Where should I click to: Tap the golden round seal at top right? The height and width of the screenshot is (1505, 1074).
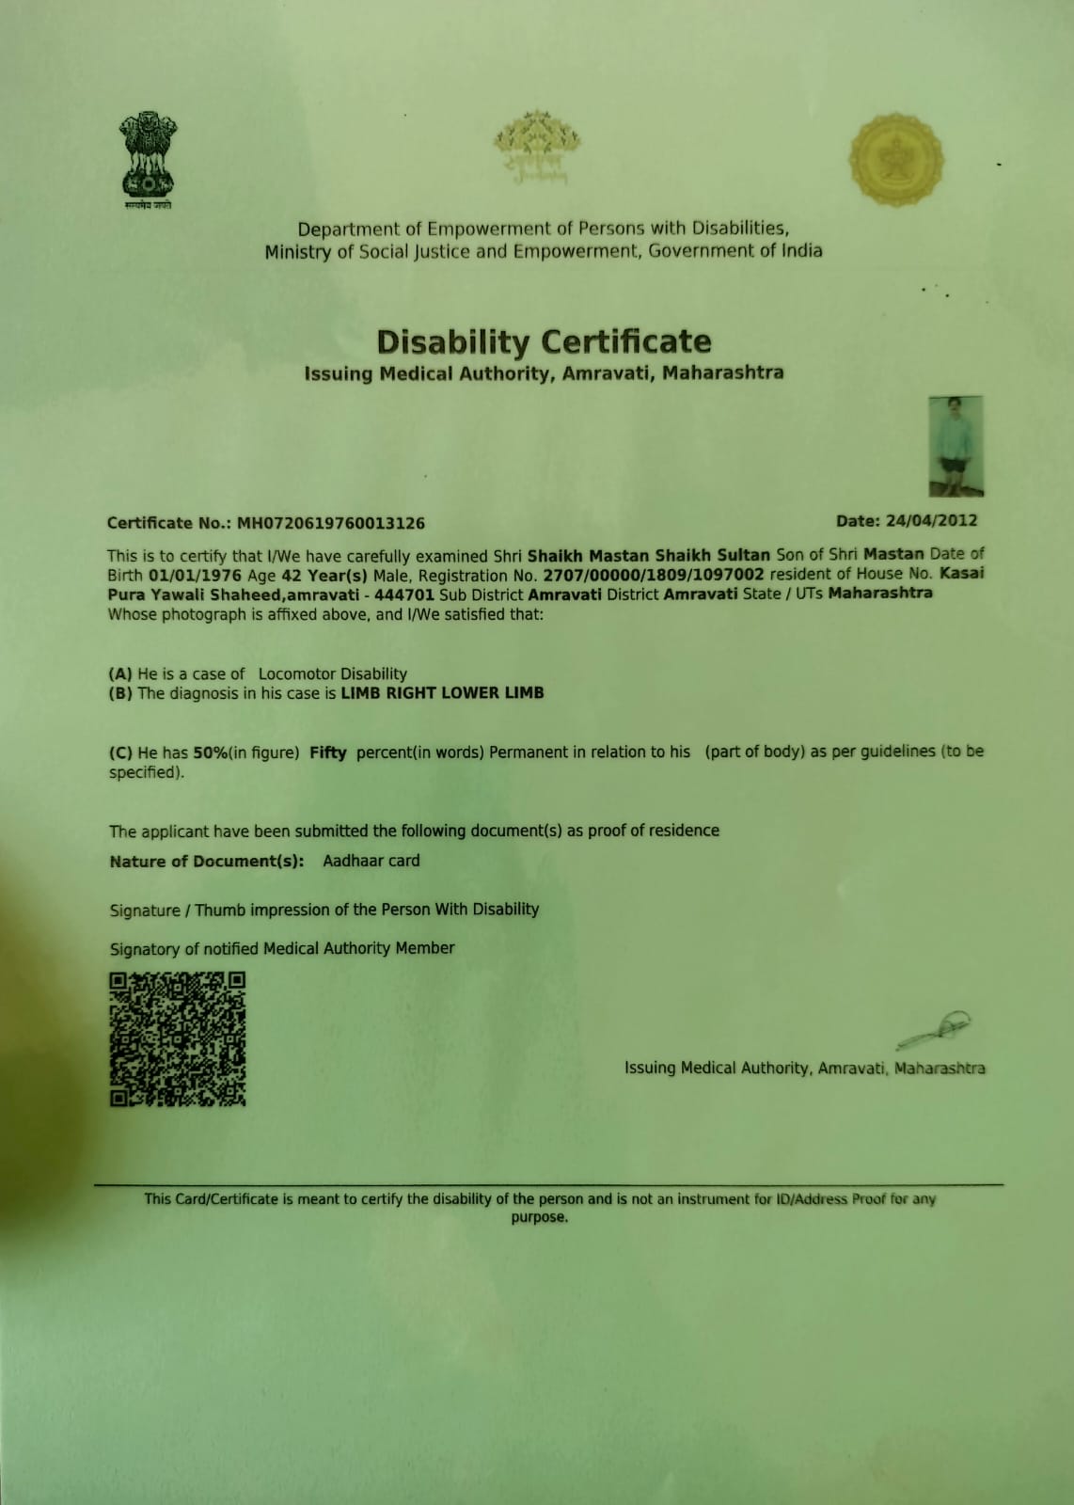895,160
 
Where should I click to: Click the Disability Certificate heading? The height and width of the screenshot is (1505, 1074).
544,341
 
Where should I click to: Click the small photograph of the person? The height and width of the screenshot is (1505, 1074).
956,446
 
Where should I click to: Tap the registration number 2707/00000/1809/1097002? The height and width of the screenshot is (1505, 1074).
654,574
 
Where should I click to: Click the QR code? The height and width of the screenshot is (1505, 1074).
178,1038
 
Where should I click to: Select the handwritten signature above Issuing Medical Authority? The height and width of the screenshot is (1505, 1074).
934,1029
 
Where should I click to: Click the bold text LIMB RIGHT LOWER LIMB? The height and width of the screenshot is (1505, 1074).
442,693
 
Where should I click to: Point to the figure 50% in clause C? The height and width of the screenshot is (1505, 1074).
207,752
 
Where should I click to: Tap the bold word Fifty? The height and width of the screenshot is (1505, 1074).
327,752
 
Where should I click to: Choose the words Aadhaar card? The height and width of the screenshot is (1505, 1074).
371,861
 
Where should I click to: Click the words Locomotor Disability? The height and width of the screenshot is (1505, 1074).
332,673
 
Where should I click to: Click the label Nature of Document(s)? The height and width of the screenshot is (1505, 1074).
207,862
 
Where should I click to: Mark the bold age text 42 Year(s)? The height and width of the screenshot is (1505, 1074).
324,575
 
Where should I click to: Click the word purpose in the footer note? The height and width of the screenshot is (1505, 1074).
539,1217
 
